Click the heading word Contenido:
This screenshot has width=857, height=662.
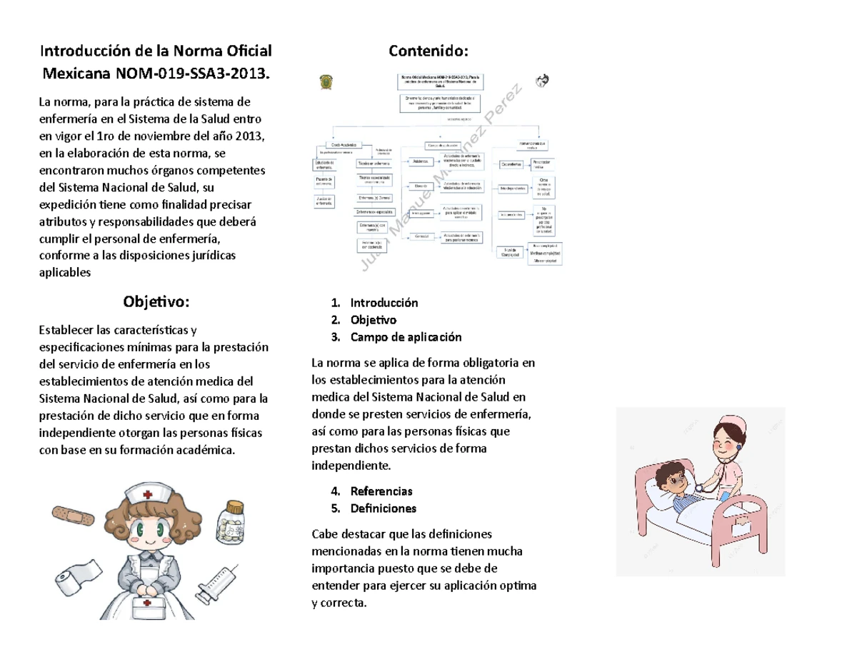428,51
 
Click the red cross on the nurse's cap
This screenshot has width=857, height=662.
148,494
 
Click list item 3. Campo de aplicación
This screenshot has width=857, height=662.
406,337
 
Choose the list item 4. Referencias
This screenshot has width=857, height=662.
381,491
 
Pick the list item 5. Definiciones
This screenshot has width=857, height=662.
383,508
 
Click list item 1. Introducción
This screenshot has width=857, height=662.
384,303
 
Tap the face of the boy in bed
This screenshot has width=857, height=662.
669,476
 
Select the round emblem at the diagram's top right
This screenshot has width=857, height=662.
542,80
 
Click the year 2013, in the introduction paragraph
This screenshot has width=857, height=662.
245,136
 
